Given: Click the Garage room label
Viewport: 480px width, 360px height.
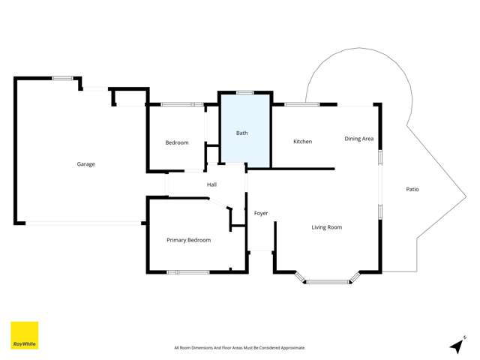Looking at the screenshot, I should tap(86, 164).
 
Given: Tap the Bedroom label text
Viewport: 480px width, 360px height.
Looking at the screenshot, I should tap(177, 142).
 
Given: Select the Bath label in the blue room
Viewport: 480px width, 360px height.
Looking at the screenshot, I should tap(242, 133).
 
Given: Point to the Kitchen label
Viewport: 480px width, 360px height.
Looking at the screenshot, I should tap(303, 142).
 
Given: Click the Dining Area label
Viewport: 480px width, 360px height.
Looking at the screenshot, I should tap(359, 139).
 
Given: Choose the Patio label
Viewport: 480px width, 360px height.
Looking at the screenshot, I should tap(412, 189).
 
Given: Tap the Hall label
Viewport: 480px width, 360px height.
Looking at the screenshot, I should tap(212, 184).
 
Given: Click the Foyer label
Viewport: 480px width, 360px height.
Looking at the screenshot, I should tap(261, 214).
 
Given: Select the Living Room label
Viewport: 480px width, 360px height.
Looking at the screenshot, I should tap(327, 226).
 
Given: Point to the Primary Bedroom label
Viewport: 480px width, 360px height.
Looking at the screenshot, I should tap(189, 240).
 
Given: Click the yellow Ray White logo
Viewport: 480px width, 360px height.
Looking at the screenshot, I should tap(24, 336).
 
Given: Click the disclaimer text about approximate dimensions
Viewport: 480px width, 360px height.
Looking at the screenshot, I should tap(239, 348).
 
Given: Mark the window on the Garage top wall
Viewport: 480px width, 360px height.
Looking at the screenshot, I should tap(62, 78).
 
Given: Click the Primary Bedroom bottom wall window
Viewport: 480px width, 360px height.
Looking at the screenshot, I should tap(188, 271).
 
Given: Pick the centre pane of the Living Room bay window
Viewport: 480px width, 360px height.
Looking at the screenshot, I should tap(328, 282).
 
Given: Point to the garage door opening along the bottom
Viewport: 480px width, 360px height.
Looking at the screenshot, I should tap(83, 222).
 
